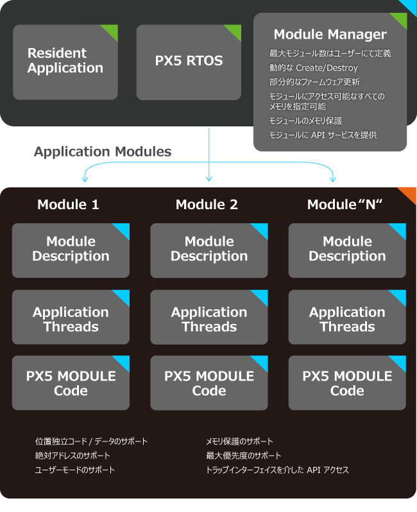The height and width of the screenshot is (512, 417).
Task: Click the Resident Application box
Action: pyautogui.click(x=65, y=62)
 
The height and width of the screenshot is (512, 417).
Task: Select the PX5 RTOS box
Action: pyautogui.click(x=189, y=62)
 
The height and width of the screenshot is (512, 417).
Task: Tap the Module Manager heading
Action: pyautogui.click(x=330, y=34)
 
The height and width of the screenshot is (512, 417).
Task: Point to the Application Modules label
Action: pyautogui.click(x=103, y=151)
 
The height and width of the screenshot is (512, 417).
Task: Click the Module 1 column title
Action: pyautogui.click(x=68, y=205)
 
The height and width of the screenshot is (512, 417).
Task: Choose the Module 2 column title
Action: pyautogui.click(x=207, y=205)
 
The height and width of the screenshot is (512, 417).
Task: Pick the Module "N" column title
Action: pyautogui.click(x=345, y=205)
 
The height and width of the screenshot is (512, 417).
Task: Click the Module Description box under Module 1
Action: pyautogui.click(x=71, y=250)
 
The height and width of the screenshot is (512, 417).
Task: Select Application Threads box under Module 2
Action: pyautogui.click(x=209, y=317)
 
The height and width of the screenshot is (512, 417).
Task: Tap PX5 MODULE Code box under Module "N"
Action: pyautogui.click(x=347, y=382)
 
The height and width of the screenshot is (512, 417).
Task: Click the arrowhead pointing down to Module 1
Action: pyautogui.click(x=85, y=179)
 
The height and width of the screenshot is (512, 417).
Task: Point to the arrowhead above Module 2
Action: pyautogui.click(x=209, y=178)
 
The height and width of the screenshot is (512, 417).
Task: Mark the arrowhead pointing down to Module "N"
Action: pyautogui.click(x=333, y=179)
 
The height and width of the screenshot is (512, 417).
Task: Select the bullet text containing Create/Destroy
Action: pyautogui.click(x=314, y=68)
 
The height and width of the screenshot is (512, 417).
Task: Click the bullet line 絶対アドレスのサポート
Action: pyautogui.click(x=72, y=456)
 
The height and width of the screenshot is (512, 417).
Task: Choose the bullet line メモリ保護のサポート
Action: pyautogui.click(x=239, y=441)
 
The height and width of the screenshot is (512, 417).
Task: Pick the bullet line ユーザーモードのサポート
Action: pyautogui.click(x=75, y=470)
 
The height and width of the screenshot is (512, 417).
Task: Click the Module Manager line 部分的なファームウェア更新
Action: pyautogui.click(x=314, y=82)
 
